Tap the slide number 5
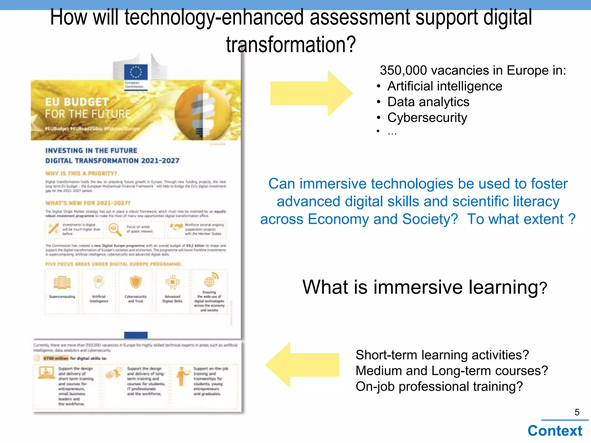click(x=577, y=412)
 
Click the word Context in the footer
click(x=555, y=431)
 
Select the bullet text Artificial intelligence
click(x=444, y=86)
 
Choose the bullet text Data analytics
click(x=428, y=102)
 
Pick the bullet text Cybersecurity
click(x=427, y=118)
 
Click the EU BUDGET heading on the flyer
click(x=77, y=102)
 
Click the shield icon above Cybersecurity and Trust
click(x=135, y=282)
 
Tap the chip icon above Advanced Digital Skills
click(x=172, y=282)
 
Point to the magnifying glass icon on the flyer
click(x=115, y=230)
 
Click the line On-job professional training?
click(x=439, y=386)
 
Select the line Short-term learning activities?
click(x=442, y=355)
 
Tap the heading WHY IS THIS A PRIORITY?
click(x=81, y=173)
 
